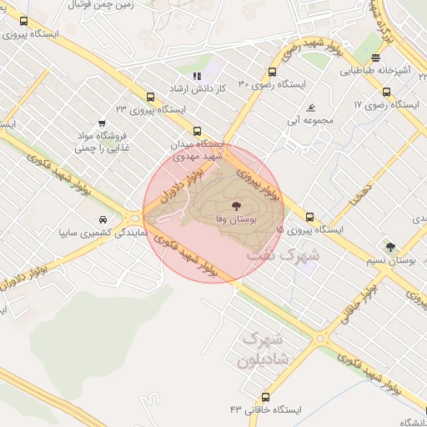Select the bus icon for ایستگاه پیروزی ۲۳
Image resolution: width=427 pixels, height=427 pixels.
150,97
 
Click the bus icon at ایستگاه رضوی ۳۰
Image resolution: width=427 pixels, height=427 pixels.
272,73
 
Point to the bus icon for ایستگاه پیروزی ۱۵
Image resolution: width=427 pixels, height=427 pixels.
310,216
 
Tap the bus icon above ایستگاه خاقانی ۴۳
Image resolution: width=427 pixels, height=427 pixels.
266,397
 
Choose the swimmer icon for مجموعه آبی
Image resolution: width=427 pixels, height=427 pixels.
310,108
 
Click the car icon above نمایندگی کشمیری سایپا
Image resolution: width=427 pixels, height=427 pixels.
102,219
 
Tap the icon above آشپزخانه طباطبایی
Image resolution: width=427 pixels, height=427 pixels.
376,58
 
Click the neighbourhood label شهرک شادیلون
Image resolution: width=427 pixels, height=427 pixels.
262,349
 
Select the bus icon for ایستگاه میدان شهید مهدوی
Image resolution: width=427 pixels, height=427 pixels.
197,131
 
